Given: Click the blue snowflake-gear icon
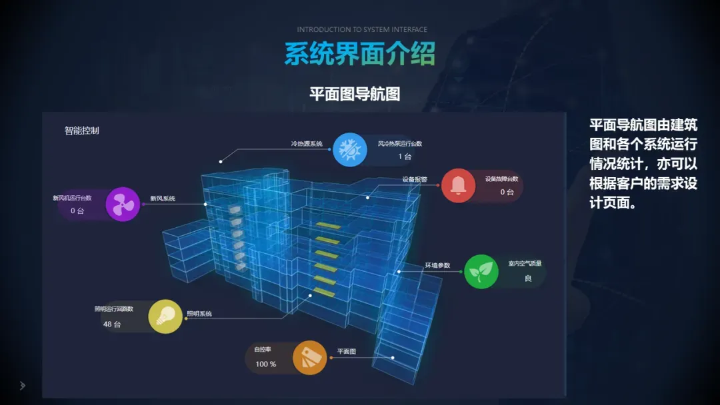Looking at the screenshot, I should click(349, 150).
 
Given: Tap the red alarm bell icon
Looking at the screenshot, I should click(458, 186).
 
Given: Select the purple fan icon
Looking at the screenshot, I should click(123, 204).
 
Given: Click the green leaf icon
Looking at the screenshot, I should click(481, 272).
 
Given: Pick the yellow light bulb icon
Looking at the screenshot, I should click(165, 316).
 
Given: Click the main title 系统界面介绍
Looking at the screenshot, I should click(360, 54).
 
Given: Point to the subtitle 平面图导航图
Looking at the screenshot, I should click(355, 94).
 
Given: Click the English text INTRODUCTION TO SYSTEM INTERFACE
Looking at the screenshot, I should click(362, 30).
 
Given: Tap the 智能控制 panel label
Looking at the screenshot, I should click(82, 131).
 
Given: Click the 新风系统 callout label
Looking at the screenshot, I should click(163, 199).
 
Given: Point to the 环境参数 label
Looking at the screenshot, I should click(437, 266).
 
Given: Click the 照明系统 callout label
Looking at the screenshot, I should click(199, 314).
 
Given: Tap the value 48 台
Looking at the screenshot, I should click(112, 324).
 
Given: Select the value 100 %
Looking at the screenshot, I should click(266, 364).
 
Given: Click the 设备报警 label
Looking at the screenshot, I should click(415, 179).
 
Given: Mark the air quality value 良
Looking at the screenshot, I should click(528, 278).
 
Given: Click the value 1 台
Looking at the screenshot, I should click(405, 157).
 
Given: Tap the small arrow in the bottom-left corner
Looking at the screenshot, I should click(22, 385).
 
